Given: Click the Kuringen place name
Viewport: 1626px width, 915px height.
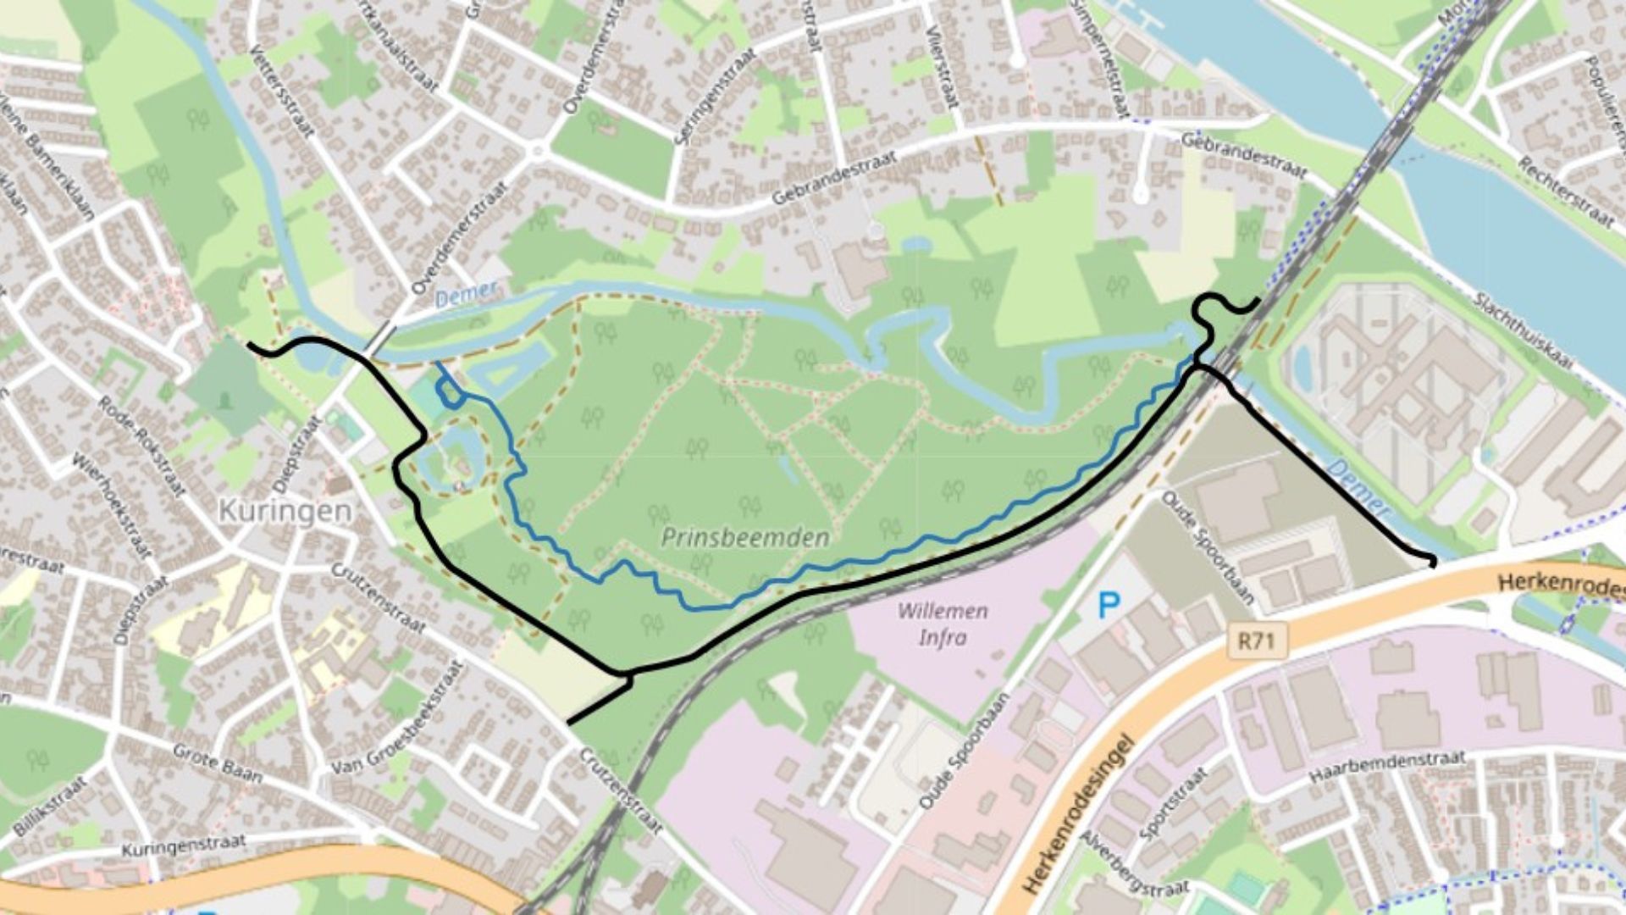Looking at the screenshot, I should tap(285, 511).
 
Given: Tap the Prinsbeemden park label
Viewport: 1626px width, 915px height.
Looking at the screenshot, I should tap(745, 538).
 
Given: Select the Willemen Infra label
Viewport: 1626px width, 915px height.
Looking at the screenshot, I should tap(943, 624).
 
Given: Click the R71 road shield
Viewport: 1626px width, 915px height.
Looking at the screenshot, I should tap(1256, 640).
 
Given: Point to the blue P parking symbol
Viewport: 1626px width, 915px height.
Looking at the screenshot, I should tap(1109, 605).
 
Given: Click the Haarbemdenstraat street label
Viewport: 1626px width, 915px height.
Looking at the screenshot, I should tap(1386, 767).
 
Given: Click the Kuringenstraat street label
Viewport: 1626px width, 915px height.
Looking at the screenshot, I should tap(184, 846).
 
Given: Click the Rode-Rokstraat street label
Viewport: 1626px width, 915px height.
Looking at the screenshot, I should tap(141, 446).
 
